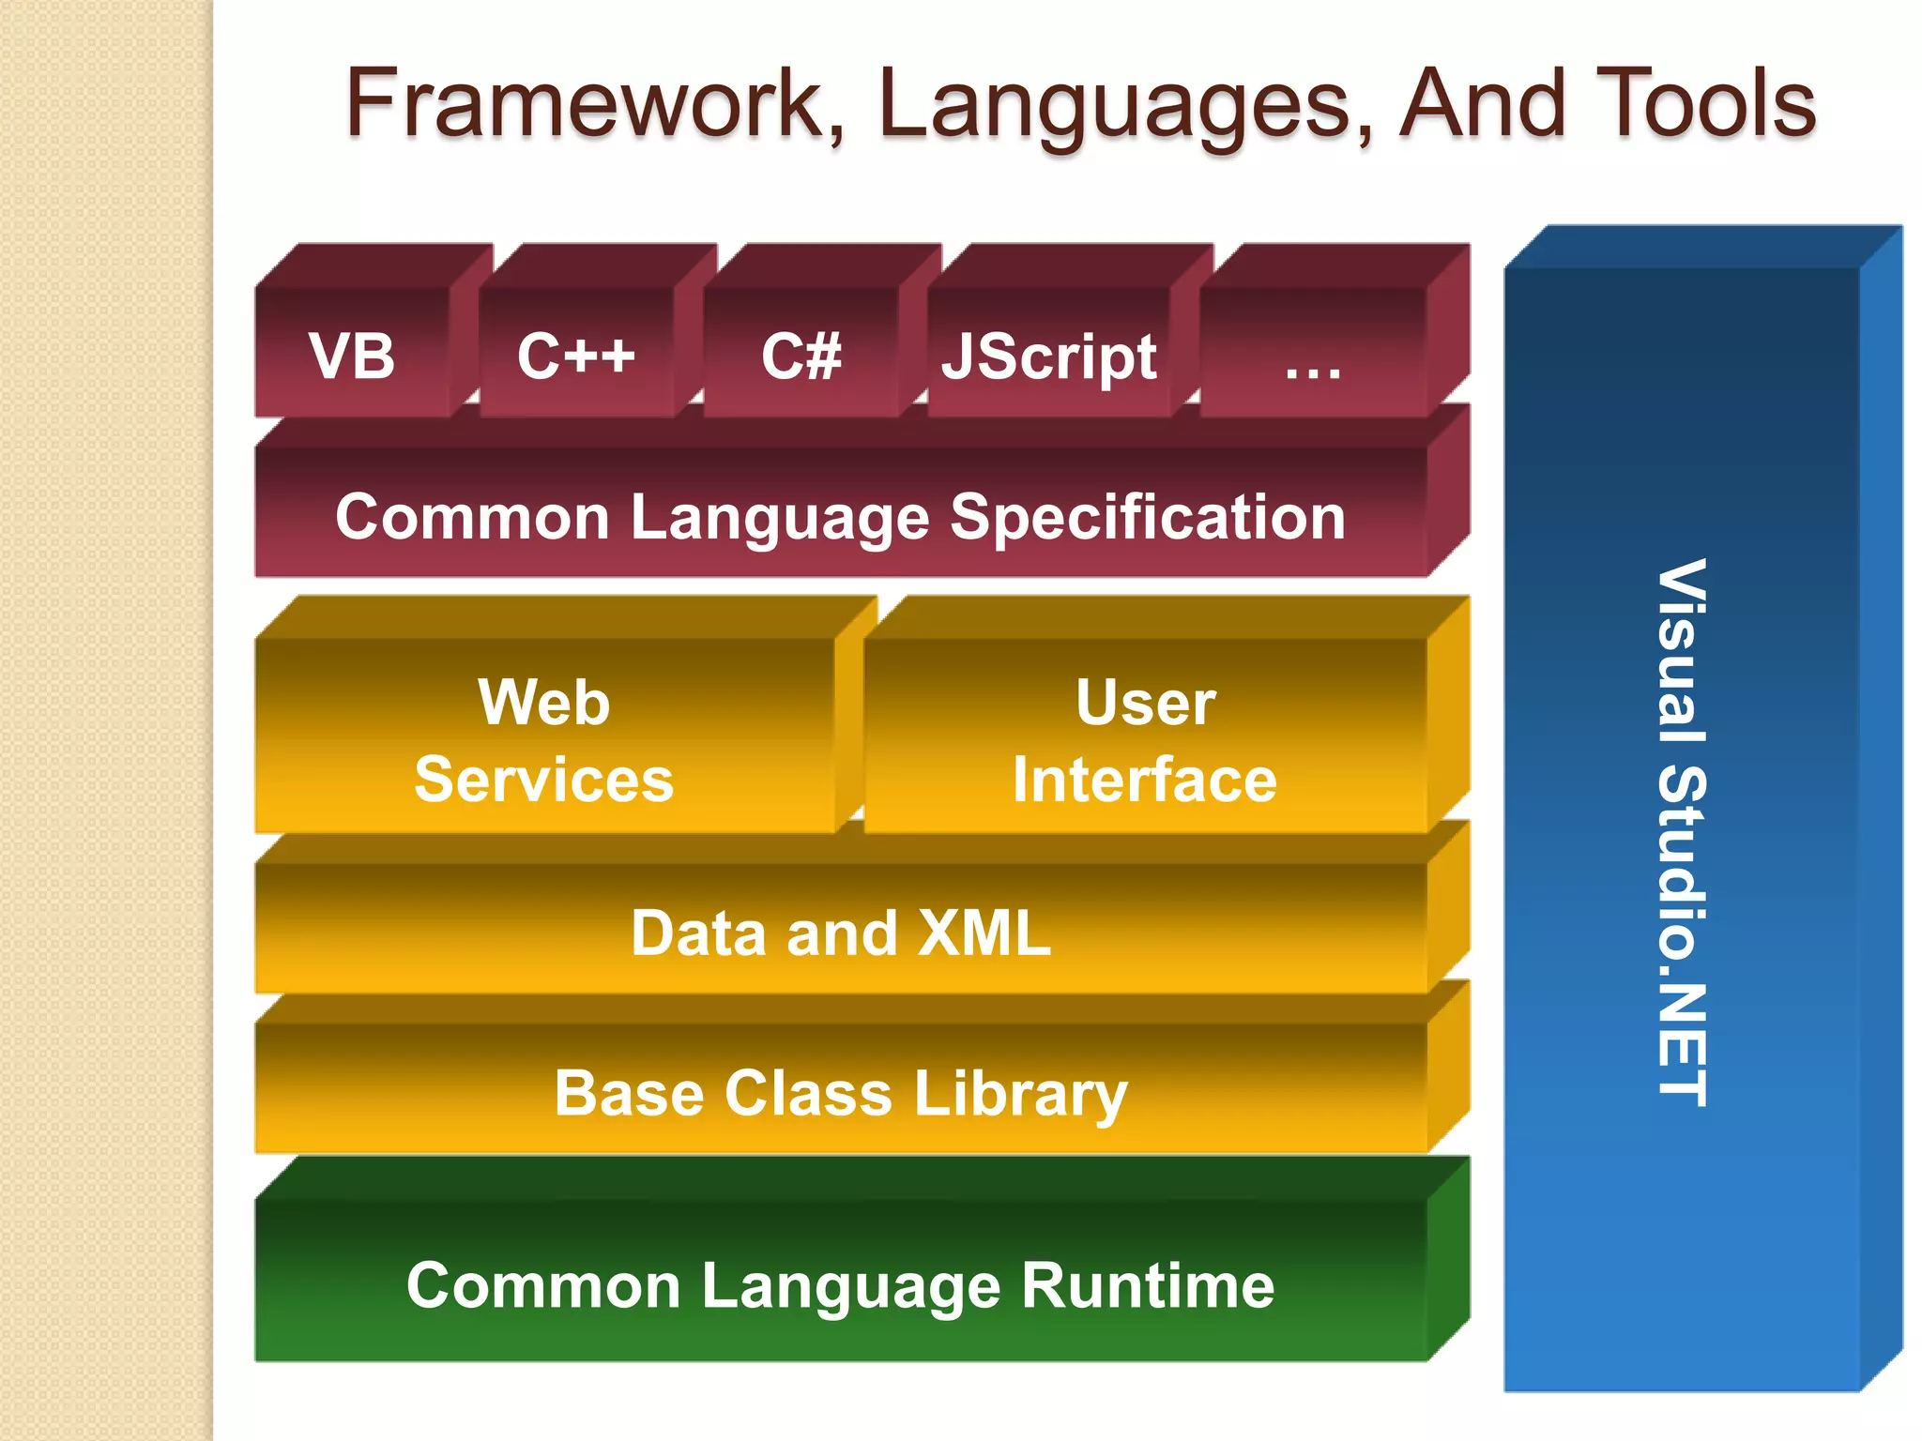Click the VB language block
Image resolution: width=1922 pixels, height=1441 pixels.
353,356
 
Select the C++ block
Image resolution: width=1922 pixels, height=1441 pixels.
576,356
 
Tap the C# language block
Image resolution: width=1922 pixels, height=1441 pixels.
801,356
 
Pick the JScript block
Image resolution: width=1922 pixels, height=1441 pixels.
1048,356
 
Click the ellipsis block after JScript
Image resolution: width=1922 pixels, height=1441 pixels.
1313,361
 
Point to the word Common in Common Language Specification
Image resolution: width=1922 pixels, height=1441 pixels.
472,518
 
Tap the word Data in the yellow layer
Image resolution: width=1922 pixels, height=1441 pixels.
698,933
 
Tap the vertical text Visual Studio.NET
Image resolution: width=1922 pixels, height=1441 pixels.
1682,833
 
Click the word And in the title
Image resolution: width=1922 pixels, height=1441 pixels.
1482,103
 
